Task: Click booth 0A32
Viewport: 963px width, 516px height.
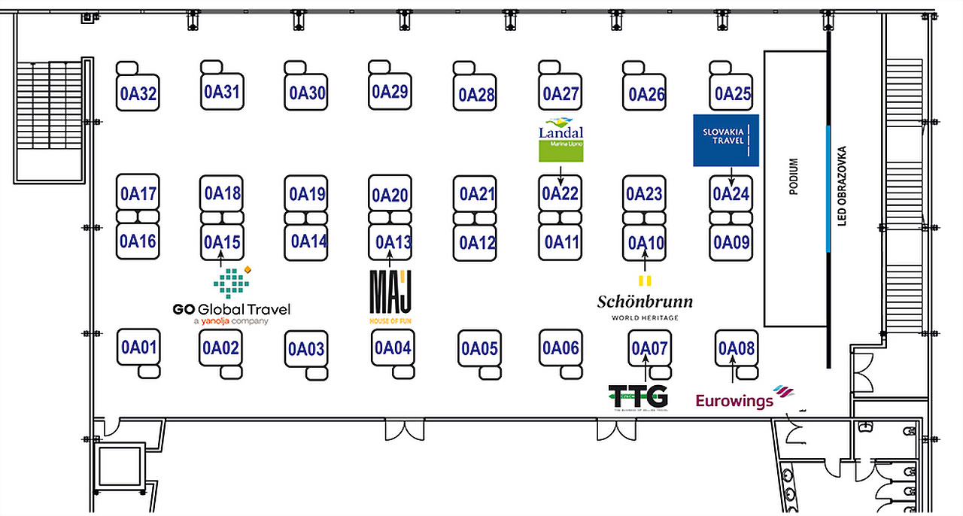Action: click(138, 94)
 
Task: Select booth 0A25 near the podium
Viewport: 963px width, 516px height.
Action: click(733, 93)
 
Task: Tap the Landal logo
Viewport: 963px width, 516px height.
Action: click(561, 140)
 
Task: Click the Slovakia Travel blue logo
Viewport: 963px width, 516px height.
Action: click(726, 141)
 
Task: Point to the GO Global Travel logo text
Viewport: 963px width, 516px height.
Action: click(231, 309)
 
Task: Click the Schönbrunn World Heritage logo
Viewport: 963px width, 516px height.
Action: click(645, 303)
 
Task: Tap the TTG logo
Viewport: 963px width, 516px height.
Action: click(637, 396)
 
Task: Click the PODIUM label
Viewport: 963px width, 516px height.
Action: click(793, 177)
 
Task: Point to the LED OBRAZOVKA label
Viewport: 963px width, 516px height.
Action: click(842, 185)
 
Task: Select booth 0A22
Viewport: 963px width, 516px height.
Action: click(560, 193)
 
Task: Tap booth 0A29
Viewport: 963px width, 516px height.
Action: click(390, 92)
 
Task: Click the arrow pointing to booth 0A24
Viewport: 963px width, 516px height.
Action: click(732, 176)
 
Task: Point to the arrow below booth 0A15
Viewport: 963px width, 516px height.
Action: click(221, 260)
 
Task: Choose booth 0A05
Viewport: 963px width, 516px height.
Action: click(479, 348)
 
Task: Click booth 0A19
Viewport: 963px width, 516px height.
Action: click(307, 194)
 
